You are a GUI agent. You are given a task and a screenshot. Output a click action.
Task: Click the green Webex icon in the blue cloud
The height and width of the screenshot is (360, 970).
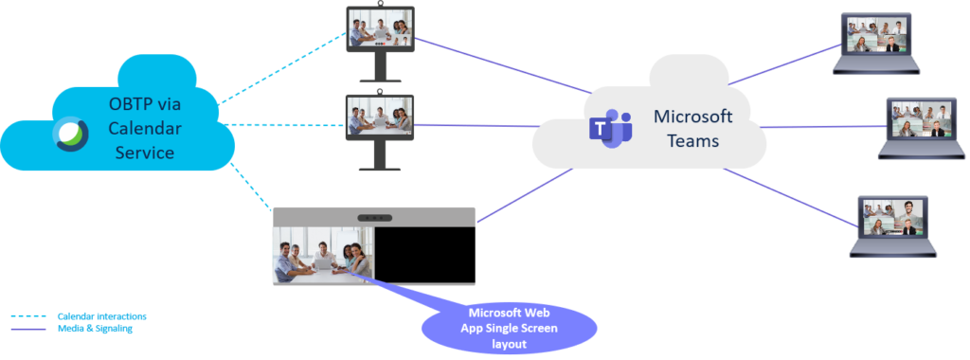[x=70, y=133]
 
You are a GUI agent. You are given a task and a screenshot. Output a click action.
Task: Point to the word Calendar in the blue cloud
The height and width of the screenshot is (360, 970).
[x=144, y=127]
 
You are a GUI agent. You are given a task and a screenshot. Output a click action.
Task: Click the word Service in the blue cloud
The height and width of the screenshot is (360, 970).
[x=142, y=151]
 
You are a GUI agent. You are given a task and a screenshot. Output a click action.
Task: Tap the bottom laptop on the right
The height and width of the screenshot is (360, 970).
[x=893, y=225]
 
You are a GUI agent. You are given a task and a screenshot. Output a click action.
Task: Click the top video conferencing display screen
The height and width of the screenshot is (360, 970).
[x=380, y=27]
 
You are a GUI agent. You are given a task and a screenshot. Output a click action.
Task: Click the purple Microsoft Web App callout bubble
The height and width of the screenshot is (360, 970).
[x=509, y=326]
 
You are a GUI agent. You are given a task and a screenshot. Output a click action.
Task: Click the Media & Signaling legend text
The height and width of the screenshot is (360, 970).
[x=95, y=329]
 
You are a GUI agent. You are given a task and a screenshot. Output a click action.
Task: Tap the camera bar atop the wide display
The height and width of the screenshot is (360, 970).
[x=374, y=217]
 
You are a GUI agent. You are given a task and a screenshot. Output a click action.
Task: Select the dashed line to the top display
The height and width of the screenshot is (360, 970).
[x=284, y=66]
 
